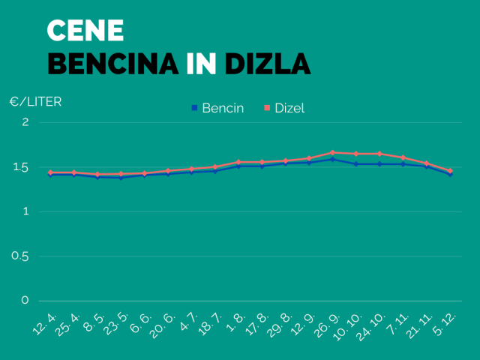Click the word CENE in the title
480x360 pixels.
click(x=85, y=30)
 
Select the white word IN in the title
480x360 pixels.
click(x=200, y=63)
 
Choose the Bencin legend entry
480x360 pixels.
click(x=217, y=108)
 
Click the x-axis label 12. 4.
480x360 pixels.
click(x=43, y=325)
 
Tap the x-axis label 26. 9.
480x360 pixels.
click(x=325, y=325)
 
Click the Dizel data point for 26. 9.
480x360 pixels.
click(x=332, y=152)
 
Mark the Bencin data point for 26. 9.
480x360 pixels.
click(x=332, y=159)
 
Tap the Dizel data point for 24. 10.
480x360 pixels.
click(x=379, y=154)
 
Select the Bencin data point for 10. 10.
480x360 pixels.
click(x=355, y=163)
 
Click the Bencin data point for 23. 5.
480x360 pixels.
click(x=121, y=177)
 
